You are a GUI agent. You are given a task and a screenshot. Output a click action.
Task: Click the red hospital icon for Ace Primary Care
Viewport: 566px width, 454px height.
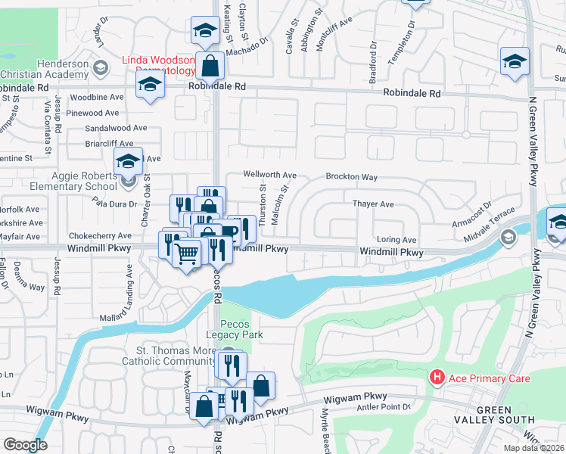coord(437,377)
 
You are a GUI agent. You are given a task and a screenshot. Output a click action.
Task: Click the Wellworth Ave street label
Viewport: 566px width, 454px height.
coord(269,174)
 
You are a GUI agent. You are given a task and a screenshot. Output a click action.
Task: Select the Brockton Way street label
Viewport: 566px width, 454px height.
coord(351,177)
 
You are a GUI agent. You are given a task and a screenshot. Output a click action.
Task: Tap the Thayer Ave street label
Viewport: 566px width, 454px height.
coord(373,204)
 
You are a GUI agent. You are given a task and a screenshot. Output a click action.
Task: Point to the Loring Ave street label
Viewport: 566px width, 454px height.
coord(397,239)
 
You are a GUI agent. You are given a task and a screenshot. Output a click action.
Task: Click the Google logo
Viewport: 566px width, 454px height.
coord(25,445)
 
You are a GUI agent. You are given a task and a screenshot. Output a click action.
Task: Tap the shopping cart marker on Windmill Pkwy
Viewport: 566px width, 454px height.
coord(187,253)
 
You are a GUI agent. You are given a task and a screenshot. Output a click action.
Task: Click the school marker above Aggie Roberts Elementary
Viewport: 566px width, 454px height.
coord(128,160)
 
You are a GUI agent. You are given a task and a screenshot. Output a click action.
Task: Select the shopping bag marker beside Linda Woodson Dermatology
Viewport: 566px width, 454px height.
coord(211,67)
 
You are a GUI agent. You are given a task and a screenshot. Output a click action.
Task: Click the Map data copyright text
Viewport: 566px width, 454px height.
coord(533,448)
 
